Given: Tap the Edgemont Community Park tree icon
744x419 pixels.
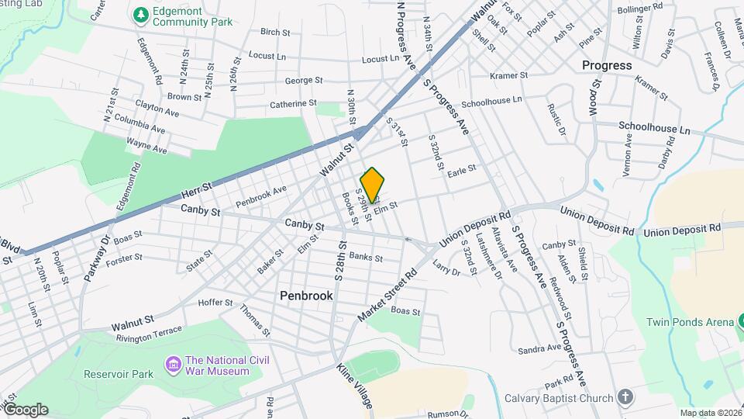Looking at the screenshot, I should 140,15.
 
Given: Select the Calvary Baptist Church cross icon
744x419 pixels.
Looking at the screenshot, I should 625,398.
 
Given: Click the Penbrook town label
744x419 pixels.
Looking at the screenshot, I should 306,296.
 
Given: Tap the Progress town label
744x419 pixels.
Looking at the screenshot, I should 607,65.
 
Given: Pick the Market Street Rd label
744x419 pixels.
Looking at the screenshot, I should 388,296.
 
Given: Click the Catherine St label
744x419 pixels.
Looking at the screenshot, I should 293,103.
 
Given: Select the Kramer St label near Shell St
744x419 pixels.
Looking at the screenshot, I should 508,76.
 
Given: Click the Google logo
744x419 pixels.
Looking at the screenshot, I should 26,410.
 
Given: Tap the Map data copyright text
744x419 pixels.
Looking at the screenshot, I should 710,413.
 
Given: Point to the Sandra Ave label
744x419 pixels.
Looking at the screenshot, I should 539,348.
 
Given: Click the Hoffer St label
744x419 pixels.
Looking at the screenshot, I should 215,302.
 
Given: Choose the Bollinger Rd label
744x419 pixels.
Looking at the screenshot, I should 639,8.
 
